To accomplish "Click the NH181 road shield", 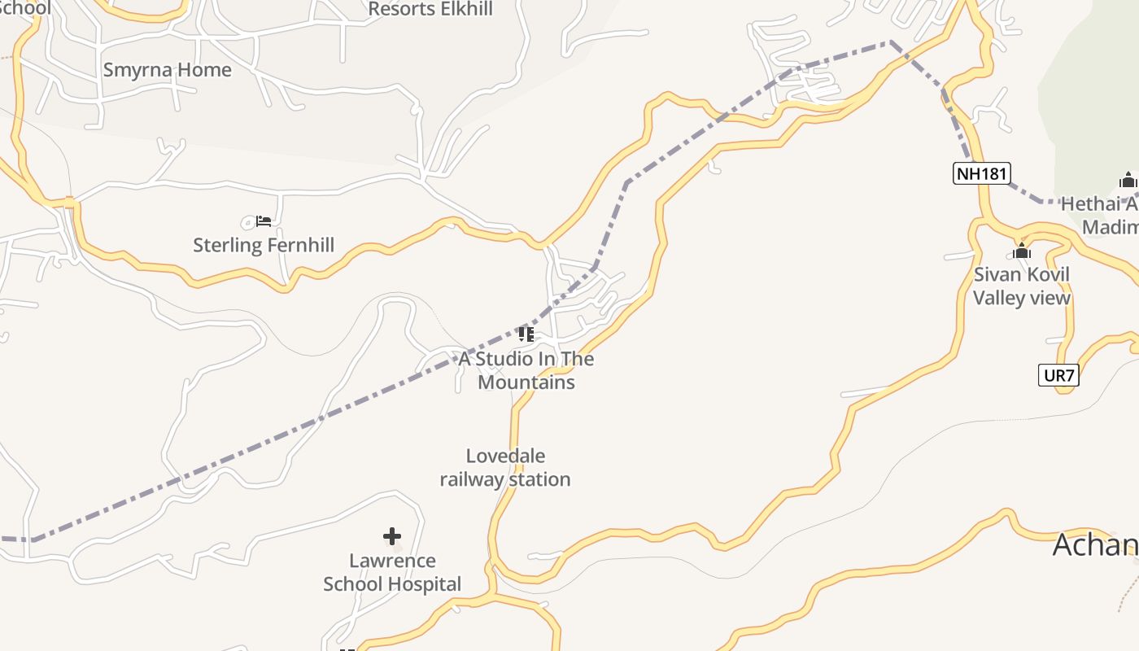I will click(982, 173).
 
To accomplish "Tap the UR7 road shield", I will click(1058, 375).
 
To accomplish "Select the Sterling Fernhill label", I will click(264, 245).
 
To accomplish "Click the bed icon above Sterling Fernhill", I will click(263, 221).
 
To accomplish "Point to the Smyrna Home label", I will click(167, 70).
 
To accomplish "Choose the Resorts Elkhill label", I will click(430, 10).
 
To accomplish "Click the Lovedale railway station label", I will click(505, 467).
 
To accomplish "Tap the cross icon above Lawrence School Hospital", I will click(392, 536).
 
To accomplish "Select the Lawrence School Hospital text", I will click(392, 572).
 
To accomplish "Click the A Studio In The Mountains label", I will click(526, 370).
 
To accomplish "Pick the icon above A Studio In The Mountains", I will click(526, 334).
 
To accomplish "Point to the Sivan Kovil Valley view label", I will click(1022, 286).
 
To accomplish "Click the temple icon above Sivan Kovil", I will click(1022, 251).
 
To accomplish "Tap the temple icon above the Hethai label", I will click(1128, 180).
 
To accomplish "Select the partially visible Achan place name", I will click(1094, 544).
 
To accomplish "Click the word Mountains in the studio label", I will click(526, 382).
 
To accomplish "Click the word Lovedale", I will click(505, 456).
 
